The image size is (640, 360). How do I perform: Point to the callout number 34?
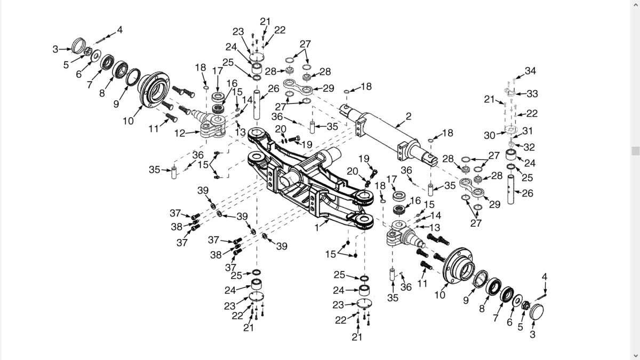pos(530,70)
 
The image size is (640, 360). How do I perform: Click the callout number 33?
pos(532,94)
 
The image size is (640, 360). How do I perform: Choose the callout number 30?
pos(490,135)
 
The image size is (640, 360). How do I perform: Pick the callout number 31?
pos(528,131)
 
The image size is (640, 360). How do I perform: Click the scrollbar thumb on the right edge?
pos(635,150)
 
